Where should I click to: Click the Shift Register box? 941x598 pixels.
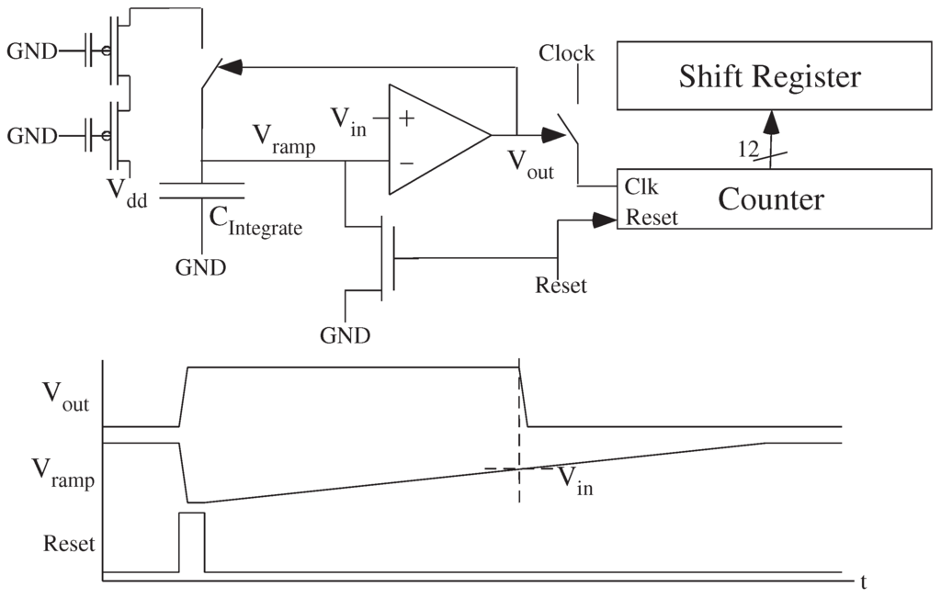click(770, 76)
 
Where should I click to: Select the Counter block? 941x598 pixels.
click(770, 198)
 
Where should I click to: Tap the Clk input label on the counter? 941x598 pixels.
click(641, 186)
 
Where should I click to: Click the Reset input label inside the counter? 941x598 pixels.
click(652, 218)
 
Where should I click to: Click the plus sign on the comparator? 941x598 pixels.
click(405, 118)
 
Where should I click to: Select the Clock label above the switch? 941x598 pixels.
click(566, 53)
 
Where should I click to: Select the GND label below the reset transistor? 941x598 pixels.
click(345, 335)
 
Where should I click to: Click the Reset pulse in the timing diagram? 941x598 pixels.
click(191, 542)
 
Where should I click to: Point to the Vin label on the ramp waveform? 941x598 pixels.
click(575, 480)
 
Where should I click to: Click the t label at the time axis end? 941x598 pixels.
click(865, 581)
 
